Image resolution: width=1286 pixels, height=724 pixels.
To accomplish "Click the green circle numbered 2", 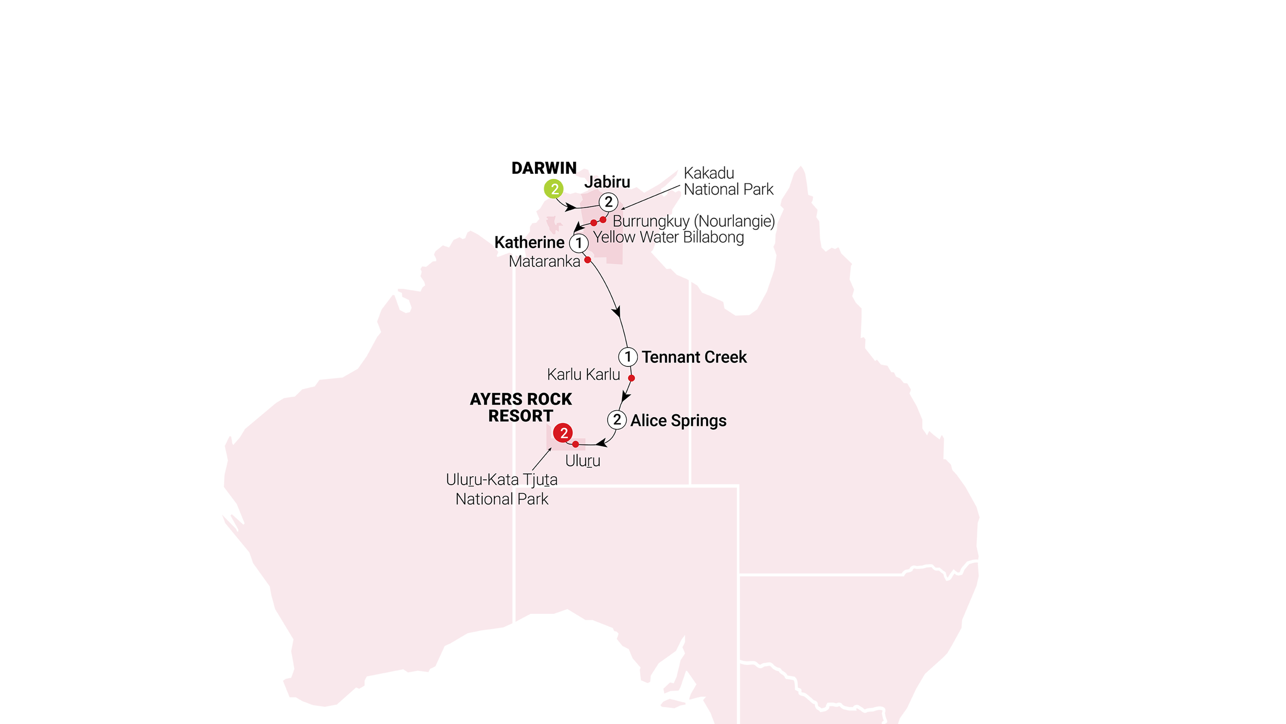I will coord(554,189).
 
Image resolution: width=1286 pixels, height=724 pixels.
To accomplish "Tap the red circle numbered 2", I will coord(563,433).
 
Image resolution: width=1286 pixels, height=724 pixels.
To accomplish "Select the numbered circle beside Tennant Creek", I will coord(628,357).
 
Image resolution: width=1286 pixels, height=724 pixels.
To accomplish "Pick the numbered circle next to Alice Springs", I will coord(617,420).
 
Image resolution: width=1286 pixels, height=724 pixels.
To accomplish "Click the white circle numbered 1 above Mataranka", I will coord(579,243).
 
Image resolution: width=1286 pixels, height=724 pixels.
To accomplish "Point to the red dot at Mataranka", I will coord(587,260).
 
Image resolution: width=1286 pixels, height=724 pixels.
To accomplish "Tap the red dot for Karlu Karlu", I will coord(631,378).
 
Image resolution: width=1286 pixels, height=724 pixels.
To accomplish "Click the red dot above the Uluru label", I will coord(576,444).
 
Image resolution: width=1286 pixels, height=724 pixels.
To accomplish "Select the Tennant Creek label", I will coord(694,357).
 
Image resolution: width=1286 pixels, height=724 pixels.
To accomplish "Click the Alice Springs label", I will coord(678,421).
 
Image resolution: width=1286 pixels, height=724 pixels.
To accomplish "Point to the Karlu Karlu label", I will coord(583,374).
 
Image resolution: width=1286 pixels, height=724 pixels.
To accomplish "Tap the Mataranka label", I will coord(544,261).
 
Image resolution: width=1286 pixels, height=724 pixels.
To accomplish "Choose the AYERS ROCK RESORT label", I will coord(520,407).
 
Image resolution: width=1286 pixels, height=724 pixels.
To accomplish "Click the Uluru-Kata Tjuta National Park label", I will coord(502,489).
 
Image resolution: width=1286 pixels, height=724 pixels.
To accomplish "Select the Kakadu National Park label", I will coord(728,181).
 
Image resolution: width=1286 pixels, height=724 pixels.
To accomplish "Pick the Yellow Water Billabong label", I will coord(668,237).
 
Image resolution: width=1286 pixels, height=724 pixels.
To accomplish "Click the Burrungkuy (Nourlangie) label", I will coord(694,220).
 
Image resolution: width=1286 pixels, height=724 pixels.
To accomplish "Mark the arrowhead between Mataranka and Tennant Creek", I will coord(617,311).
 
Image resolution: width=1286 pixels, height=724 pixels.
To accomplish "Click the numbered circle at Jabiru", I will coord(608,202).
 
